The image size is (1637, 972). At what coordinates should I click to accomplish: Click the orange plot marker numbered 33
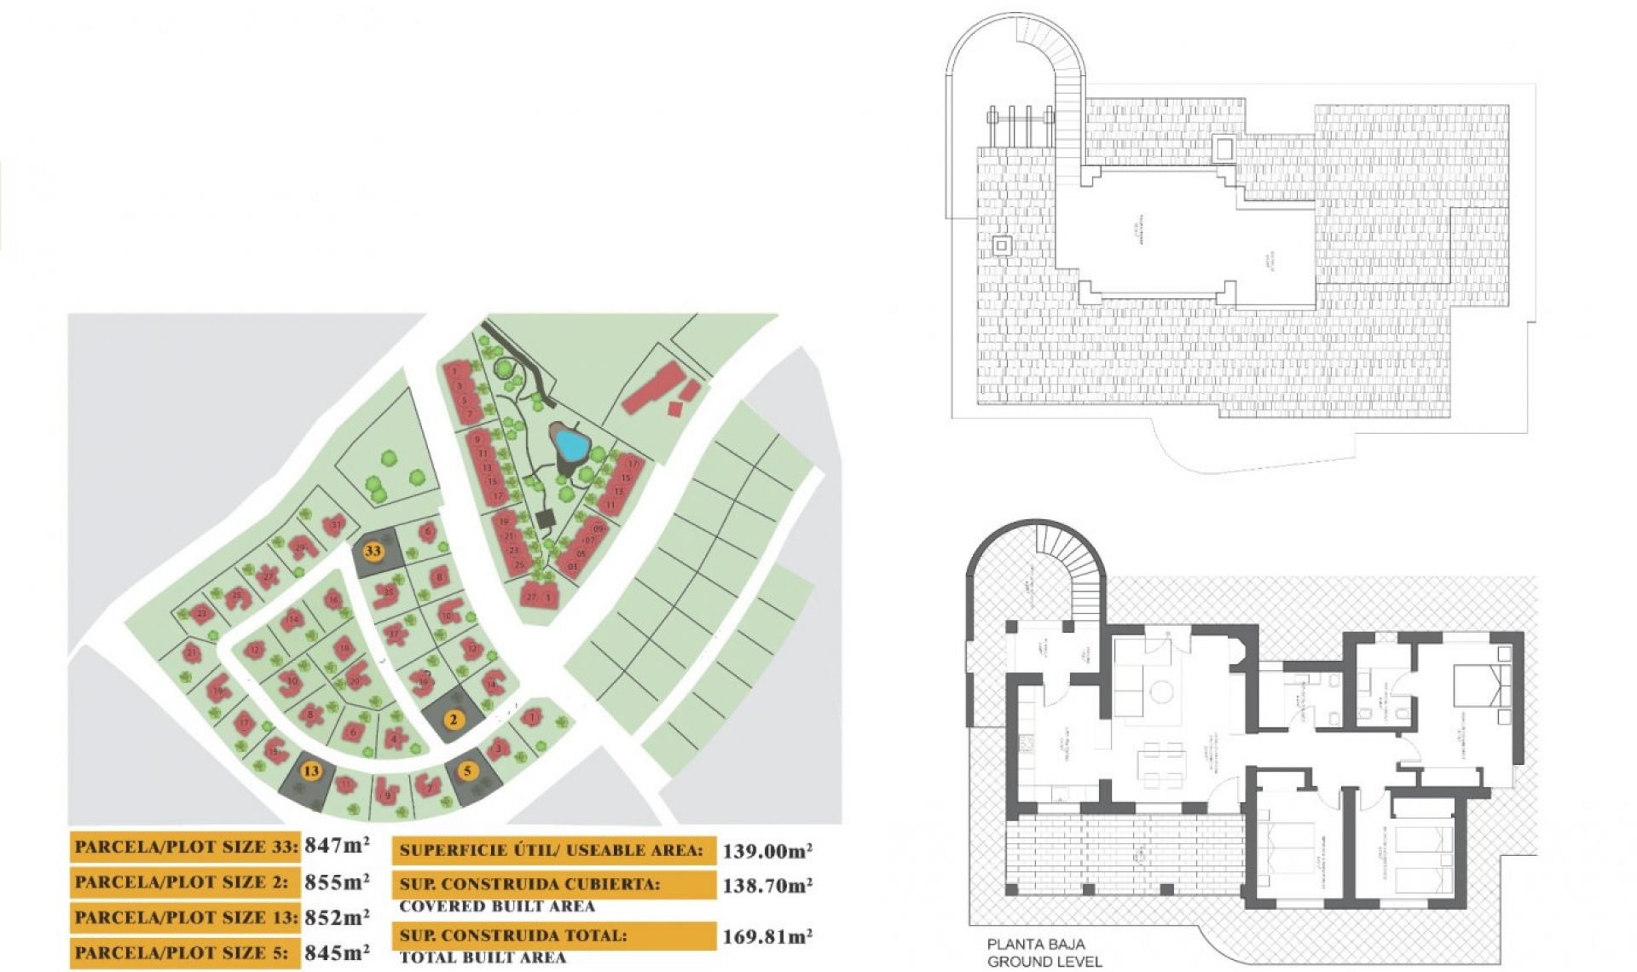point(373,551)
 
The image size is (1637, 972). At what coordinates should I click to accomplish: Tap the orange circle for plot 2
point(454,720)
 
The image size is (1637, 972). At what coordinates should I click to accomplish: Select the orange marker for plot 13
point(311,771)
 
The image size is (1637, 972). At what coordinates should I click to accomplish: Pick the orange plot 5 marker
point(467,772)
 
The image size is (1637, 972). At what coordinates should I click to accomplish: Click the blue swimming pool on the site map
point(570,443)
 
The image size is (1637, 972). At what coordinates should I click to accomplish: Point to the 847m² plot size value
point(338,845)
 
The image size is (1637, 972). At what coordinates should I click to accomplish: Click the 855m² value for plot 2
point(338,882)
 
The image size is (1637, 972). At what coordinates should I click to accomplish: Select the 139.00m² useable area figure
point(766,850)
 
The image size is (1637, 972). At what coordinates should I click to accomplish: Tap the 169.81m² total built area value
point(766,936)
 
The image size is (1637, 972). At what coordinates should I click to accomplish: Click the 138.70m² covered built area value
point(766,886)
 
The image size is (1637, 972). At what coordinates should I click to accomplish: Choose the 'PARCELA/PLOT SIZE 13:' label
point(186,917)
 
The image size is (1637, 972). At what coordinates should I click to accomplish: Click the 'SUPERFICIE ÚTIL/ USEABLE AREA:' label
point(552,850)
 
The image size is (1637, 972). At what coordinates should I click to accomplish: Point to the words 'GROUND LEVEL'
point(1044,962)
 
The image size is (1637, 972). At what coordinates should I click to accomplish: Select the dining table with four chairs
point(1162,765)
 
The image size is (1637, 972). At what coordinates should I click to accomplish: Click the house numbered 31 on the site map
point(335,524)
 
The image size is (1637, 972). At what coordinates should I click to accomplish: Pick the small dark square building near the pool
point(546,518)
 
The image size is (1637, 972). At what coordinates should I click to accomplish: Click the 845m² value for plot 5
point(338,952)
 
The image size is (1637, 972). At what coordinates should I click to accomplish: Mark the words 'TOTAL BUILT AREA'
point(483,958)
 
